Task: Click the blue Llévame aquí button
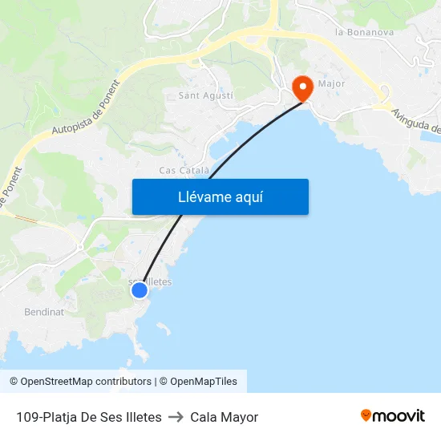220,196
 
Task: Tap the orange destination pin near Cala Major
303,87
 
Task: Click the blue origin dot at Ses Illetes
140,289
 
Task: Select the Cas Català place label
184,170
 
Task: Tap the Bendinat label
44,312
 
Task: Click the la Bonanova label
364,33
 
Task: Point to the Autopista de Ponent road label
84,118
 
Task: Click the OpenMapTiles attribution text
204,382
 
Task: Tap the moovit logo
392,416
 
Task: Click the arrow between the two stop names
176,417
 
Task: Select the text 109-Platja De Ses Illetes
89,417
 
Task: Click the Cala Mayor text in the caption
224,417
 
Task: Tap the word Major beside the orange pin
331,83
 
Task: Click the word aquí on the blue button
249,196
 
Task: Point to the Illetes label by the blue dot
156,282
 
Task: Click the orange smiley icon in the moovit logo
366,415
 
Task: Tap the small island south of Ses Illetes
163,329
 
